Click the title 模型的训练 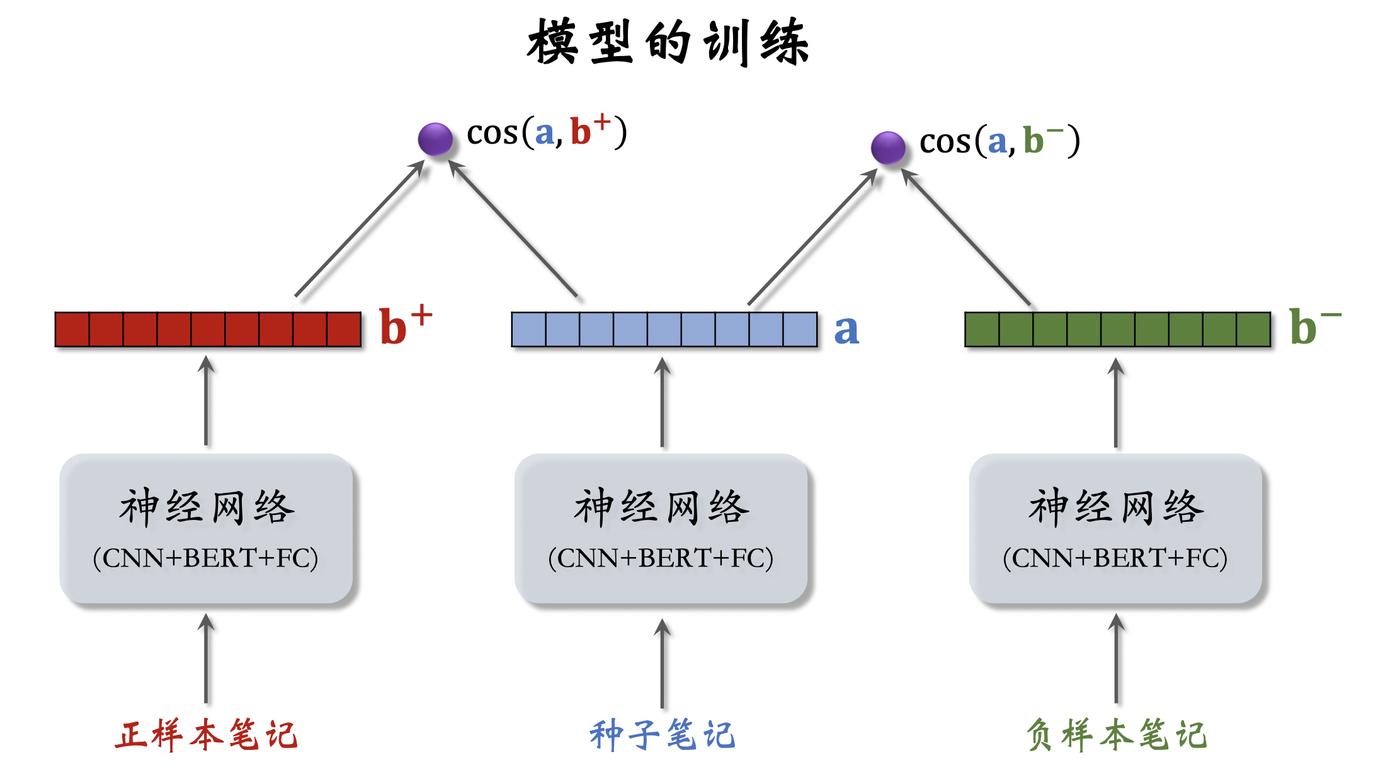[668, 42]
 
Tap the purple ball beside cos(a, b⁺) [435, 139]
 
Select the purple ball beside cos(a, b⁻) [888, 147]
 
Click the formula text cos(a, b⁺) [547, 132]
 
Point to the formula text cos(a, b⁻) [999, 141]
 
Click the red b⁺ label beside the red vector [405, 326]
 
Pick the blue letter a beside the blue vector [846, 330]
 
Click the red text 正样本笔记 [206, 735]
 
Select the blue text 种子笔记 [662, 735]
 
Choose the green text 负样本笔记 [1116, 735]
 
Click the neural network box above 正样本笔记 [206, 528]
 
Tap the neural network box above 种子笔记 [661, 528]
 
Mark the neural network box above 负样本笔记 [1115, 528]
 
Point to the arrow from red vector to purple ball [359, 229]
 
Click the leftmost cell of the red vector [72, 330]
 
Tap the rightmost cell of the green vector [1253, 330]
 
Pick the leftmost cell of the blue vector [529, 330]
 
